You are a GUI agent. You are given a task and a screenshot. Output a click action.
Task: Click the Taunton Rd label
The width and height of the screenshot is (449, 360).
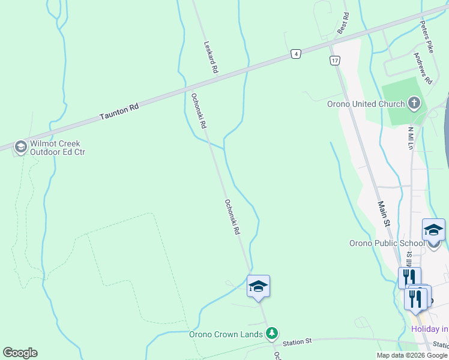tap(119, 110)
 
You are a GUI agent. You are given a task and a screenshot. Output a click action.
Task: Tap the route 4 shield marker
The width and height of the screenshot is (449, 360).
tap(296, 54)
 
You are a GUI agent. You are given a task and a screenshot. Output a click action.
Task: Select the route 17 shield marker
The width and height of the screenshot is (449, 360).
tap(334, 60)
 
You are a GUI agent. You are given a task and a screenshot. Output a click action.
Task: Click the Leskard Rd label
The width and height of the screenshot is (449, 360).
tap(210, 57)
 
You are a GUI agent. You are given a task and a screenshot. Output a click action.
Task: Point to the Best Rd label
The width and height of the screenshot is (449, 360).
tap(343, 25)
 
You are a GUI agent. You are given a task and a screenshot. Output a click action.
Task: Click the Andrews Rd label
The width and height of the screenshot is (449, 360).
tap(423, 67)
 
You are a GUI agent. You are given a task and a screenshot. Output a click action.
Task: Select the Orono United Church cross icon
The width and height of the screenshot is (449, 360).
tap(414, 104)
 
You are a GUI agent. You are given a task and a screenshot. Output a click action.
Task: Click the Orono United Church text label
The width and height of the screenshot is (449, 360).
tap(366, 104)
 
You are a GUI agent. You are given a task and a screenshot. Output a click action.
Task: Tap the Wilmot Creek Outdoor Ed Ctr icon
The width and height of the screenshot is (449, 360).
tap(20, 147)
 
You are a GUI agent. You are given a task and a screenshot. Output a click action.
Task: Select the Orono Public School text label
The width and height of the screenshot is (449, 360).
tap(387, 243)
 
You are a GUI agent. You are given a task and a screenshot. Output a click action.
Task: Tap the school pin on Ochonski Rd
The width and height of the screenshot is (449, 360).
tap(258, 286)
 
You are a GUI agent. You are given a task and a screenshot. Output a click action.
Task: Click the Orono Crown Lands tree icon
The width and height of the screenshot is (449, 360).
tap(272, 333)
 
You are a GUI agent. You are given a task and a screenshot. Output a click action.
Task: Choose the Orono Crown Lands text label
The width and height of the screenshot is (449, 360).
tap(226, 334)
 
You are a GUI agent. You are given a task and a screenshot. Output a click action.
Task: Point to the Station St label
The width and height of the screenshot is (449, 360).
tap(298, 341)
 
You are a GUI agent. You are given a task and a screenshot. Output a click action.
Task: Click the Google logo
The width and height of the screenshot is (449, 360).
tap(20, 353)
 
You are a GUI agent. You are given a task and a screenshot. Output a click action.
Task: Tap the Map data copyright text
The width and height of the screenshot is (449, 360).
tap(412, 355)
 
